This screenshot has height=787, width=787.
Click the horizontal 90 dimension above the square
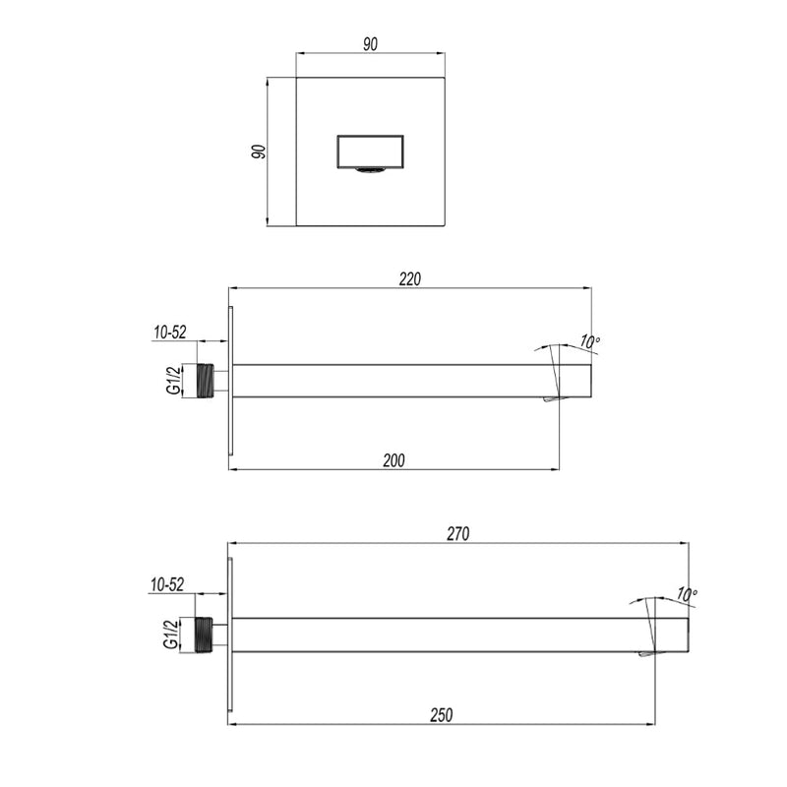point(371,44)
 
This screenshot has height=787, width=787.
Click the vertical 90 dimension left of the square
point(259,151)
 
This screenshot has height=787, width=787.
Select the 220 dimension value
point(410,279)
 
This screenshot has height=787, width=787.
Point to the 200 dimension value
point(394,460)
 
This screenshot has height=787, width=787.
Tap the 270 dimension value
point(458,534)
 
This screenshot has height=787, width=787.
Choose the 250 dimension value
point(441,715)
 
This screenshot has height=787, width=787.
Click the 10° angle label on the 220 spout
point(589,341)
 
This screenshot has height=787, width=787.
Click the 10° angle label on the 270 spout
point(687,595)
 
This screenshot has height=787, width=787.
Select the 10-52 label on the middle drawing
point(170,333)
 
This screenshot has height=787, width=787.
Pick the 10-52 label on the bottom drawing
point(167,584)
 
